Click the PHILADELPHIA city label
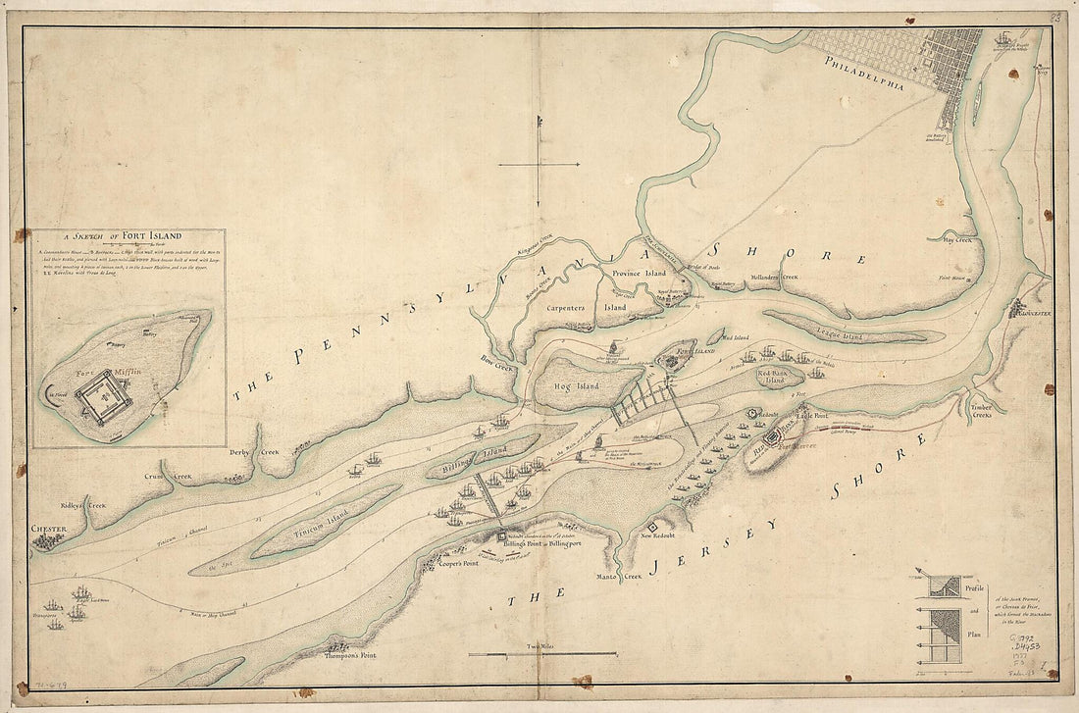coord(865,75)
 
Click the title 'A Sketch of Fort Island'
coord(128,236)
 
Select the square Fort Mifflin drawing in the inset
coord(103,400)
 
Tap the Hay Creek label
coord(954,238)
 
